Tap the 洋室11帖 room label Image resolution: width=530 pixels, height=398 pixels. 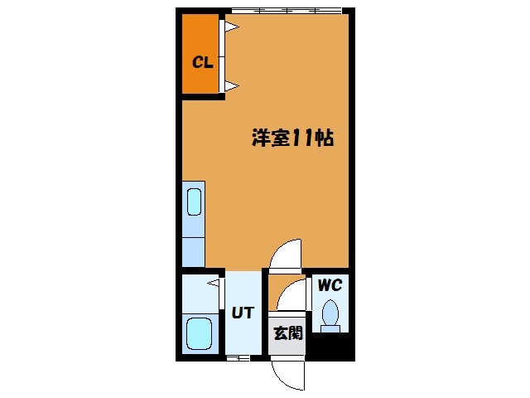pos(292,138)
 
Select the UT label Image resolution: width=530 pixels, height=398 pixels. pos(243,313)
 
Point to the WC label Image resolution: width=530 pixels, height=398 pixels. pos(330,285)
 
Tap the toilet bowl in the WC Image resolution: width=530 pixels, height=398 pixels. pos(331,313)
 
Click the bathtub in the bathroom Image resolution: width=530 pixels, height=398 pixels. pos(199,334)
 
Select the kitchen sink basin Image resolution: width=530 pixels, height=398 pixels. pos(194,202)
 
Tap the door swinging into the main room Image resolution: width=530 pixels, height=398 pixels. pos(287,253)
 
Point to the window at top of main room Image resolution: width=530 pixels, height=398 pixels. pos(285,11)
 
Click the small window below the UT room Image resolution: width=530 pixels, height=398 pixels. pos(238,357)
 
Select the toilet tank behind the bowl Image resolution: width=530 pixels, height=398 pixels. pos(331,329)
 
